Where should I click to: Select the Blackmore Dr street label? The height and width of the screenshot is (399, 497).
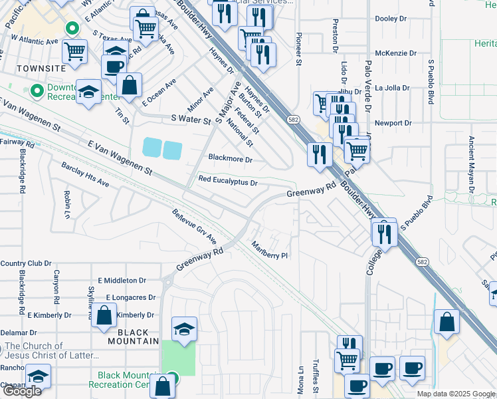pyautogui.click(x=231, y=160)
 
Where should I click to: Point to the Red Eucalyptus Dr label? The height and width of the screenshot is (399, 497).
pyautogui.click(x=227, y=181)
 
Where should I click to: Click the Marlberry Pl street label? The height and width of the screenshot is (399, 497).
pyautogui.click(x=269, y=251)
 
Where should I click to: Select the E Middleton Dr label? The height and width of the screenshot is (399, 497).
pyautogui.click(x=121, y=281)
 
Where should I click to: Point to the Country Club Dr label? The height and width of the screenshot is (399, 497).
pyautogui.click(x=26, y=264)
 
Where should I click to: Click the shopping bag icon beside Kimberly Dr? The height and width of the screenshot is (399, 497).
pyautogui.click(x=104, y=317)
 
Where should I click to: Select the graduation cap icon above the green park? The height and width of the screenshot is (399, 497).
pyautogui.click(x=184, y=329)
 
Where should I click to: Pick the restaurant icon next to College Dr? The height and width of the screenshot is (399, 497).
pyautogui.click(x=383, y=233)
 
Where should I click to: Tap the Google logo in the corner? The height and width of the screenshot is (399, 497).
pyautogui.click(x=21, y=391)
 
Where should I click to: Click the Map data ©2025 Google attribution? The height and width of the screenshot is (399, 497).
pyautogui.click(x=455, y=394)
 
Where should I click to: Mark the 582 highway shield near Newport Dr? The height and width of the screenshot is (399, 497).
pyautogui.click(x=293, y=120)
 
